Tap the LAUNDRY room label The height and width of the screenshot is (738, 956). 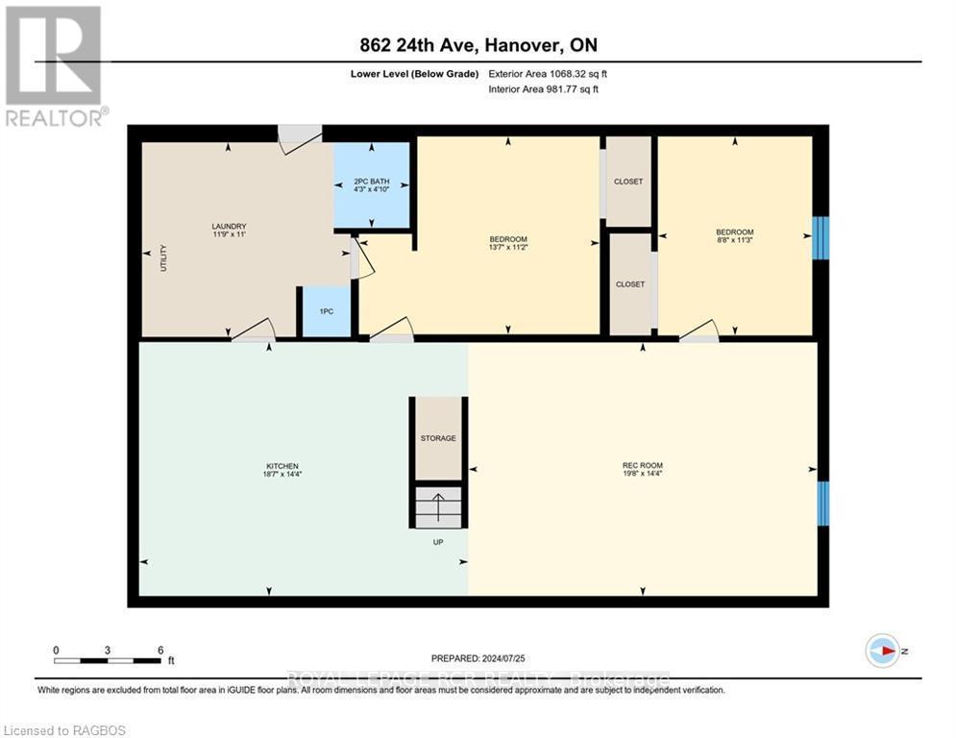pyautogui.click(x=222, y=227)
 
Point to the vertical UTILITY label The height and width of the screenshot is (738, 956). pyautogui.click(x=163, y=258)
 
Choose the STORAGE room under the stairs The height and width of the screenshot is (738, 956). pyautogui.click(x=437, y=438)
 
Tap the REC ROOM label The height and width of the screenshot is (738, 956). pyautogui.click(x=642, y=466)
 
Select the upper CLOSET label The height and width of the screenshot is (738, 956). pyautogui.click(x=628, y=182)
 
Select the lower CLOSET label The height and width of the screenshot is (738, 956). pyautogui.click(x=629, y=284)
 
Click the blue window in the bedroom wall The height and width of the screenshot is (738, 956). pyautogui.click(x=821, y=238)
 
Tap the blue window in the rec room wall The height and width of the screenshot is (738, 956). pyautogui.click(x=822, y=503)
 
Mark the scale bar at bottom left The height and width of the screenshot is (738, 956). pyautogui.click(x=108, y=659)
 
